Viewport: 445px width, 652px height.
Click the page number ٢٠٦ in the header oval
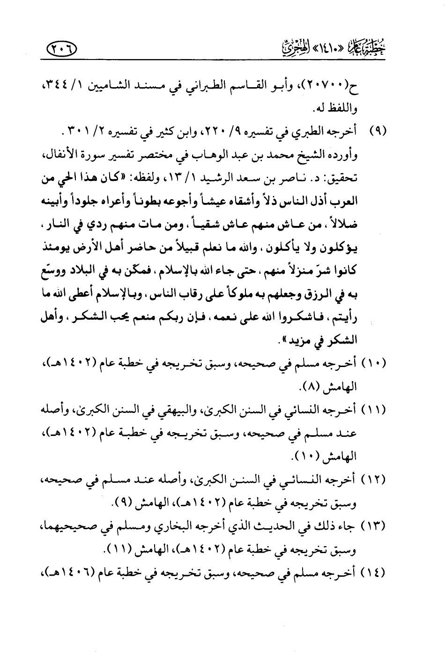(x=63, y=47)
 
